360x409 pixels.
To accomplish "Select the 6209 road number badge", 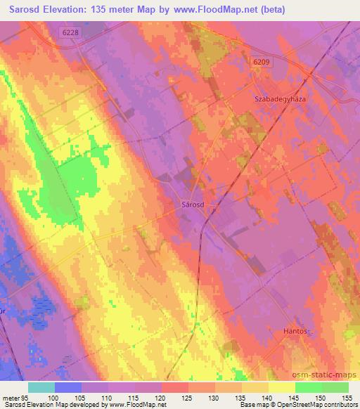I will pyautogui.click(x=262, y=63).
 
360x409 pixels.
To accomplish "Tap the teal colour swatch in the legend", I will pyautogui.click(x=41, y=387).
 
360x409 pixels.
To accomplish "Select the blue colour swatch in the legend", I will pyautogui.click(x=68, y=387).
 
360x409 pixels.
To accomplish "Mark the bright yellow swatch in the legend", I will pyautogui.click(x=281, y=387).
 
